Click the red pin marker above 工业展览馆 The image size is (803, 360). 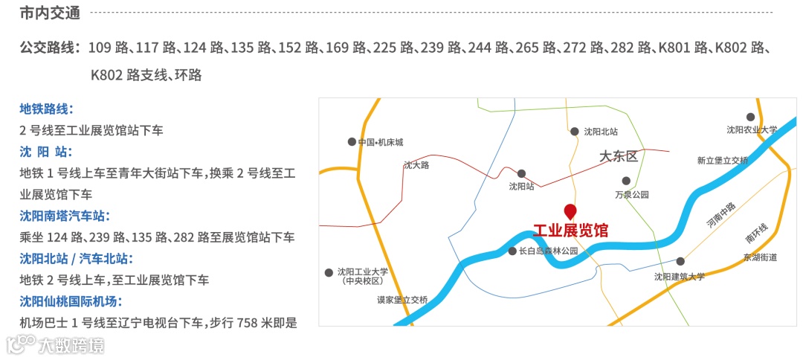pyautogui.click(x=570, y=210)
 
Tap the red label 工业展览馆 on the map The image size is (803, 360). pyautogui.click(x=570, y=231)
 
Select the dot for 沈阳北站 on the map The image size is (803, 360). pyautogui.click(x=574, y=132)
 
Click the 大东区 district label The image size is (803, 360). pyautogui.click(x=619, y=157)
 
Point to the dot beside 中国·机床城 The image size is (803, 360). pyautogui.click(x=352, y=141)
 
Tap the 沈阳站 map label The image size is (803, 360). pyautogui.click(x=522, y=187)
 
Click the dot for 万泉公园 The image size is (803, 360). pyautogui.click(x=626, y=181)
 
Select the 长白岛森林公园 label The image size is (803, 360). pyautogui.click(x=549, y=251)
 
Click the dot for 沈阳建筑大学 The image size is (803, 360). pyautogui.click(x=680, y=261)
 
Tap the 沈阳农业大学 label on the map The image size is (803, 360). pyautogui.click(x=752, y=129)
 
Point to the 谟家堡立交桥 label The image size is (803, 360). pyautogui.click(x=402, y=300)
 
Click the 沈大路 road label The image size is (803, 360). pyautogui.click(x=416, y=165)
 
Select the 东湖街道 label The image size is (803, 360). pyautogui.click(x=760, y=257)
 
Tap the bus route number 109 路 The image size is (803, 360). pyautogui.click(x=106, y=48)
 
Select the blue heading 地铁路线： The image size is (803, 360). pyautogui.click(x=46, y=109)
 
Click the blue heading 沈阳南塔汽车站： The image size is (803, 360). pyautogui.click(x=65, y=216)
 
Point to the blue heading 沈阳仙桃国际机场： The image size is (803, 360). pyautogui.click(x=71, y=302)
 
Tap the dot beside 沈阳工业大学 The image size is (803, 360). pyautogui.click(x=329, y=273)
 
